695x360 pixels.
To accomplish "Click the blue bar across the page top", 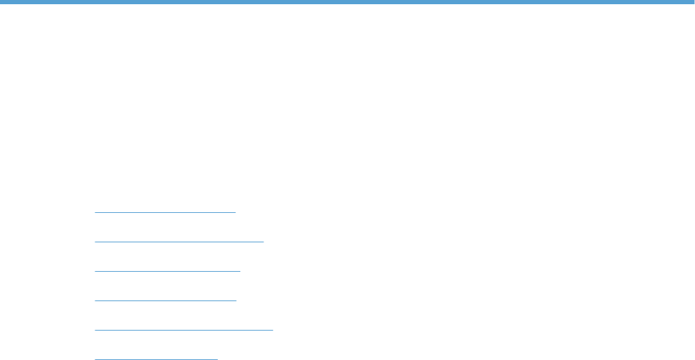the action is (347, 2).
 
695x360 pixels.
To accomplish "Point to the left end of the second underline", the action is (95, 241).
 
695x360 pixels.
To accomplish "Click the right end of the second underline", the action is (263, 241).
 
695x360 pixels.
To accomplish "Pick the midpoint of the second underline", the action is (179, 241).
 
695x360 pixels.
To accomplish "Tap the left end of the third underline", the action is (95, 270).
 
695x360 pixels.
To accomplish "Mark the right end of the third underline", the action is (240, 270).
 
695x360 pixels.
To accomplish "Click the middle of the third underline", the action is (167, 270).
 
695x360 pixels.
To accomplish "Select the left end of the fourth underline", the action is (95, 300).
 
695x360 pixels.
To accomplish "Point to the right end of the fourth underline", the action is (237, 300).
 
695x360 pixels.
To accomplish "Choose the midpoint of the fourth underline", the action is (166, 300).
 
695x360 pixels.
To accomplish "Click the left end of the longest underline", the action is (95, 328).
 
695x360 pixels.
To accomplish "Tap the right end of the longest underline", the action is (273, 328).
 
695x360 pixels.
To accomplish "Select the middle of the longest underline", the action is (184, 328).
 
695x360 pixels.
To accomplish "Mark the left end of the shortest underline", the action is (95, 359).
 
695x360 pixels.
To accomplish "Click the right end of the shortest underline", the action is (218, 359).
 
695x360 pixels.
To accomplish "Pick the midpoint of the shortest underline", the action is (156, 359).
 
